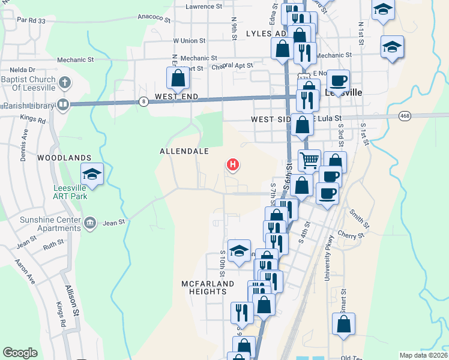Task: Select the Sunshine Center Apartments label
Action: click(50, 224)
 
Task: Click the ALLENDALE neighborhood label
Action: click(184, 152)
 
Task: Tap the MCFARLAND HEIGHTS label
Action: click(204, 287)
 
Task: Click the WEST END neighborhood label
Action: click(176, 97)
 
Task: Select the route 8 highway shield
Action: click(143, 101)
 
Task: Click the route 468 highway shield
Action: click(404, 115)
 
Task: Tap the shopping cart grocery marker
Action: click(309, 160)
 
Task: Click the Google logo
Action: click(20, 352)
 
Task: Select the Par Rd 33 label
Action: click(32, 20)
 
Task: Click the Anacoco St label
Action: click(154, 17)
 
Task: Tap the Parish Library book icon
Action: click(62, 105)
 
